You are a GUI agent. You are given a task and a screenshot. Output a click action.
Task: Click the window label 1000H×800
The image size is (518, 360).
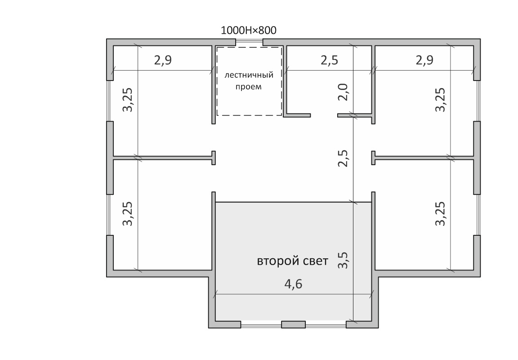[x=248, y=31]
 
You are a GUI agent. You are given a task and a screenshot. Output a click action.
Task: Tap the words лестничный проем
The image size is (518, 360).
[x=249, y=81]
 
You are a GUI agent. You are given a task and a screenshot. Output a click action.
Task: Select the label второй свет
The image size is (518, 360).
[x=292, y=261]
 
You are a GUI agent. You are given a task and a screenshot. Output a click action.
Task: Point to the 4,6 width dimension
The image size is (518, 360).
[x=293, y=284]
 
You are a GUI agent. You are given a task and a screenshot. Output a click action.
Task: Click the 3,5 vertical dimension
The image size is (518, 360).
[x=343, y=260]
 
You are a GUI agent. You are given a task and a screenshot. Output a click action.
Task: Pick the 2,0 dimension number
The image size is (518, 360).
[x=343, y=92]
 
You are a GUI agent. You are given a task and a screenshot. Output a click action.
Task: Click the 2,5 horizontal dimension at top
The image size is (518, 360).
[x=329, y=60]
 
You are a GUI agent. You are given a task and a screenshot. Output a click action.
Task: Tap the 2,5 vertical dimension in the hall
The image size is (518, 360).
[x=343, y=158]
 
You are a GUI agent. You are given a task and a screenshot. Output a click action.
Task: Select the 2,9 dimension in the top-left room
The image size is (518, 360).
[x=163, y=60]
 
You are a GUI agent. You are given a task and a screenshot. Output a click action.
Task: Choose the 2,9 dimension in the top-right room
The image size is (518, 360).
[x=424, y=60]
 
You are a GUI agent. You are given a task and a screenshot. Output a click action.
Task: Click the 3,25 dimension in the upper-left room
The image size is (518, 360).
[x=128, y=99]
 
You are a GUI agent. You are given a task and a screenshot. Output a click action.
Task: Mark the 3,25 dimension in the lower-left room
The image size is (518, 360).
[x=128, y=214]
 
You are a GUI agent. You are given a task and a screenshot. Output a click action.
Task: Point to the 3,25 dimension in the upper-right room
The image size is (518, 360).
[x=440, y=99]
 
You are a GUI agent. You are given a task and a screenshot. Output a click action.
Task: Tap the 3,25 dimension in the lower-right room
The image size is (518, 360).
[x=440, y=214]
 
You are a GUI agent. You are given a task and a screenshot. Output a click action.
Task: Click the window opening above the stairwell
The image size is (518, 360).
[x=249, y=42]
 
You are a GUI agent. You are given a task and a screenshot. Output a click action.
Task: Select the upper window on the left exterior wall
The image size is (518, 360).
[x=110, y=101]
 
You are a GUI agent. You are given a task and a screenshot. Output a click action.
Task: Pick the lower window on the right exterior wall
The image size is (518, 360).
[x=477, y=215]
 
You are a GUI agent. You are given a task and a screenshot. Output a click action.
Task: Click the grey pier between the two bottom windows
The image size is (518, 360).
[x=293, y=324]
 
